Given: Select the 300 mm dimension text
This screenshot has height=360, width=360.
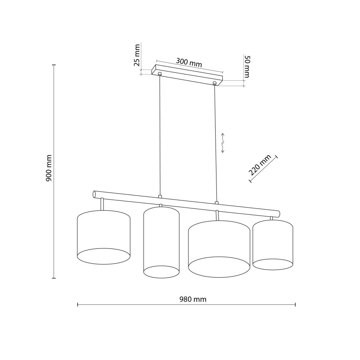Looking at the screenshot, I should (189, 62).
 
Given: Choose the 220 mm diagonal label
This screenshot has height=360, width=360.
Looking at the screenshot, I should (260, 165).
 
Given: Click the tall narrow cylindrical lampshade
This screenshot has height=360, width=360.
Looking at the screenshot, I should (161, 240).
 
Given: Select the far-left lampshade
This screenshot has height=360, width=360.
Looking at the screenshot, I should (103, 236).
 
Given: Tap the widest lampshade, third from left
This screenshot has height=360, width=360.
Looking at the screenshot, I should (219, 246).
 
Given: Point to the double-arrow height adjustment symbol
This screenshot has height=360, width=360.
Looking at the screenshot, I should (224, 142).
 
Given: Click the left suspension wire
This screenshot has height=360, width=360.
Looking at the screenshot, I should (160, 136).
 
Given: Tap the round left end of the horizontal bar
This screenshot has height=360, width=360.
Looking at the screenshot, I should (95, 194).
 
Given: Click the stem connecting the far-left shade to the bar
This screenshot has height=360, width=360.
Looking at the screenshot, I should (103, 204).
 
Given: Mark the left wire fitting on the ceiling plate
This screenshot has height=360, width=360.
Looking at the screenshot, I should (160, 74).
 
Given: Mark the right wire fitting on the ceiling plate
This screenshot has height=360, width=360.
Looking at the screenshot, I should (215, 83).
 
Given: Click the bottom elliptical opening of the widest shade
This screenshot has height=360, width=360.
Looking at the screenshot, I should (219, 267).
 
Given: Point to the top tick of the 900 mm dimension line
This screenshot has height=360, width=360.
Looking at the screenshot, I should (54, 64).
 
